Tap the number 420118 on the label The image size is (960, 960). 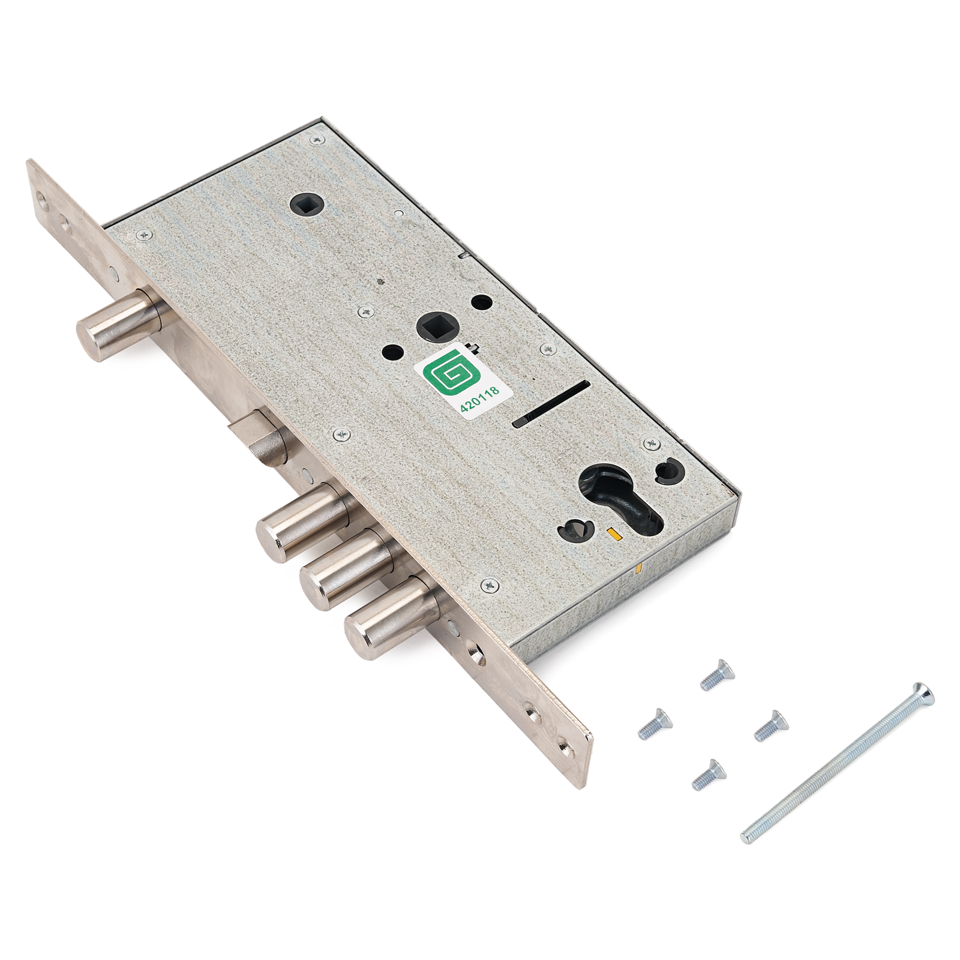click(x=479, y=399)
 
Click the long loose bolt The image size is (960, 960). click(x=837, y=762)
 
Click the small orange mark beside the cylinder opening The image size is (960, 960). click(x=611, y=532)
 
